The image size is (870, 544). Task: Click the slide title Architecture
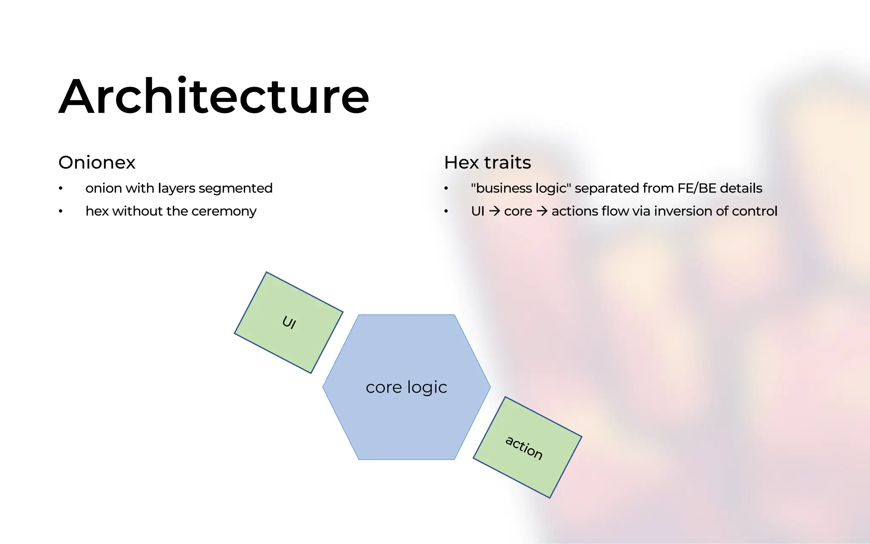[214, 97]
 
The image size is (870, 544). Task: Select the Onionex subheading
[97, 163]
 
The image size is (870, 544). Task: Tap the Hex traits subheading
[487, 163]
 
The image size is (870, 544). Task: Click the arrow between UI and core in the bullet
[494, 211]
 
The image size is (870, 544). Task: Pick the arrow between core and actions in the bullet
[542, 211]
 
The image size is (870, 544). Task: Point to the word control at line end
[754, 211]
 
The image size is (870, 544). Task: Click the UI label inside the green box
[289, 323]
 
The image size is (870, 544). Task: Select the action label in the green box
[524, 448]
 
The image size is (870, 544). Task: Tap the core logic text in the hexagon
[406, 387]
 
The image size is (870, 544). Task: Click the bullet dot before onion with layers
[61, 188]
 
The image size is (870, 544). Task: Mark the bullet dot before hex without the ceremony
[61, 211]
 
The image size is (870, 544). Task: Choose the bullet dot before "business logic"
[446, 188]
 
